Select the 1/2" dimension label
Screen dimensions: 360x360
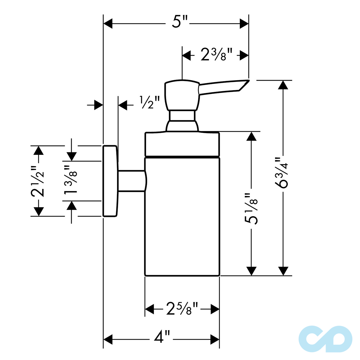(150, 102)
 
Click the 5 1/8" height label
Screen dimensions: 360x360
(251, 209)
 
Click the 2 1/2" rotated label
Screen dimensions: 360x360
(37, 181)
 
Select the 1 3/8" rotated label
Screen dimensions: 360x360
(70, 179)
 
